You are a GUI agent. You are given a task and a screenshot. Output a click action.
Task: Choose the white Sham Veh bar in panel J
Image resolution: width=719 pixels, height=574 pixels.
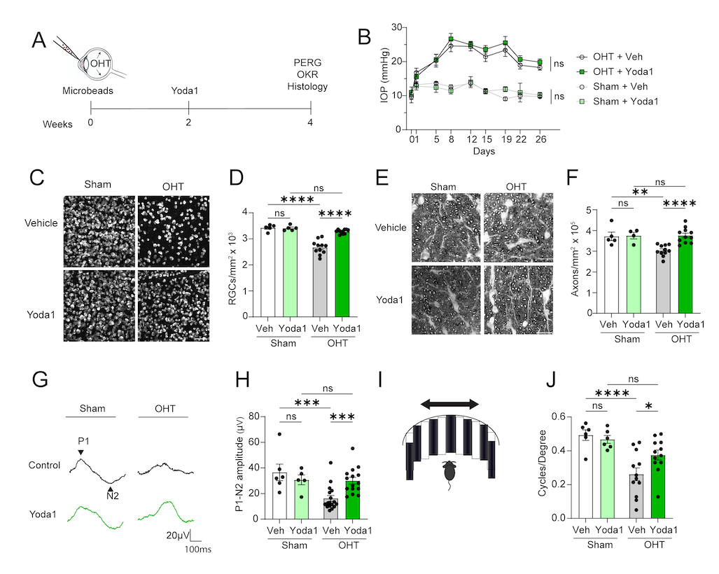[580, 477]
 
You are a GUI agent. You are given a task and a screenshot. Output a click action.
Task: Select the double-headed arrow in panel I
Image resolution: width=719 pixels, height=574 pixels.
[449, 403]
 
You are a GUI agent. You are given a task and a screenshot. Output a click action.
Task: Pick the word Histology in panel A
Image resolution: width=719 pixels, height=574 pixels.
[310, 87]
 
